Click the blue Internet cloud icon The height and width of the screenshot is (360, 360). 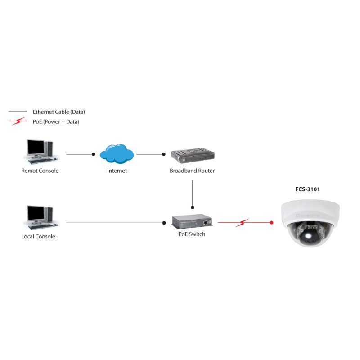click(x=117, y=154)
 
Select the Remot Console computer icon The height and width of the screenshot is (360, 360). click(x=40, y=151)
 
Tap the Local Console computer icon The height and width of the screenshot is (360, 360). click(x=40, y=217)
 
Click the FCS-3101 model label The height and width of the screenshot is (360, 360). click(x=307, y=189)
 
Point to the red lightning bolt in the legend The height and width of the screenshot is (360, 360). click(x=18, y=121)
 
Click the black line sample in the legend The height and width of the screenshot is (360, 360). click(x=18, y=111)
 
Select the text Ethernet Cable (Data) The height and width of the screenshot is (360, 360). click(x=58, y=112)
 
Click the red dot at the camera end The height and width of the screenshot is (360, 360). click(x=272, y=222)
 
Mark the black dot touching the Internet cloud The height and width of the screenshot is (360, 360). click(x=93, y=154)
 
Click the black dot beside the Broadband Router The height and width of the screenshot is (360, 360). click(x=164, y=154)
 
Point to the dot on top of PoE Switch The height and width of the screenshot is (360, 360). click(x=193, y=207)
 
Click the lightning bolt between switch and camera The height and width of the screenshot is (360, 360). click(x=243, y=222)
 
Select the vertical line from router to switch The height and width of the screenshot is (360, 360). click(x=193, y=193)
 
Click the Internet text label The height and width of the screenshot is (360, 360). click(x=117, y=171)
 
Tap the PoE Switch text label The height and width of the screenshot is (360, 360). click(x=192, y=234)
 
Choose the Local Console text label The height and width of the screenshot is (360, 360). click(x=38, y=237)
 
